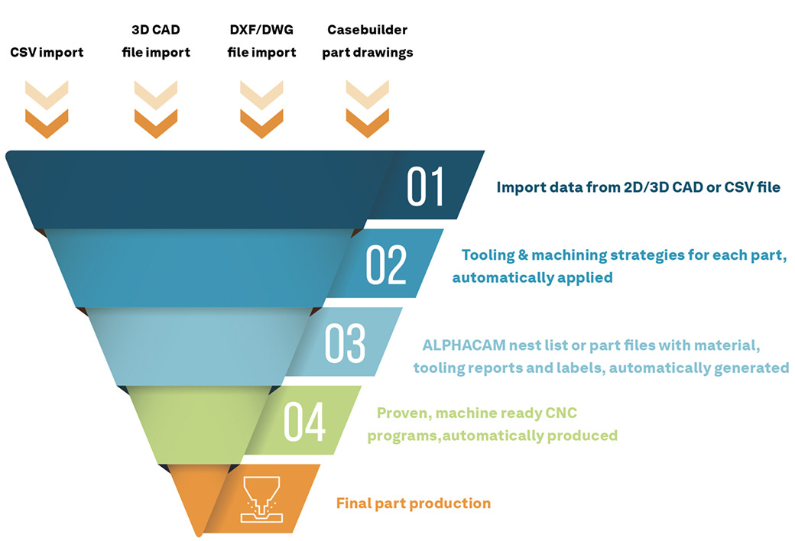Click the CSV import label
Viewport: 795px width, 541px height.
(x=47, y=52)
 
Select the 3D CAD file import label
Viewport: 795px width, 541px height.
(x=156, y=41)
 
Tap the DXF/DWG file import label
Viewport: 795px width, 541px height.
(x=261, y=41)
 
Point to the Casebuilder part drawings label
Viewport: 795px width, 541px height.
(x=368, y=41)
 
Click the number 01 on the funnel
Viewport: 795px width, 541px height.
(x=425, y=186)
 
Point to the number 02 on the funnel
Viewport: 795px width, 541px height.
(x=386, y=264)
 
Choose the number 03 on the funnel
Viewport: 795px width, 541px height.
(x=345, y=343)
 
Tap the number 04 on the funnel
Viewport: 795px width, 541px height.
(x=304, y=422)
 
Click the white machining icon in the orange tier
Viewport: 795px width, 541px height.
(x=261, y=500)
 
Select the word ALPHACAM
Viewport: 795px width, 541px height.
(x=464, y=345)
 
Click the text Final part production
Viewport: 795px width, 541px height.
(x=414, y=504)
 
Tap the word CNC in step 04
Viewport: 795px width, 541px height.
(x=561, y=413)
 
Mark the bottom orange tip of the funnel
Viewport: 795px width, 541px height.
(x=200, y=535)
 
